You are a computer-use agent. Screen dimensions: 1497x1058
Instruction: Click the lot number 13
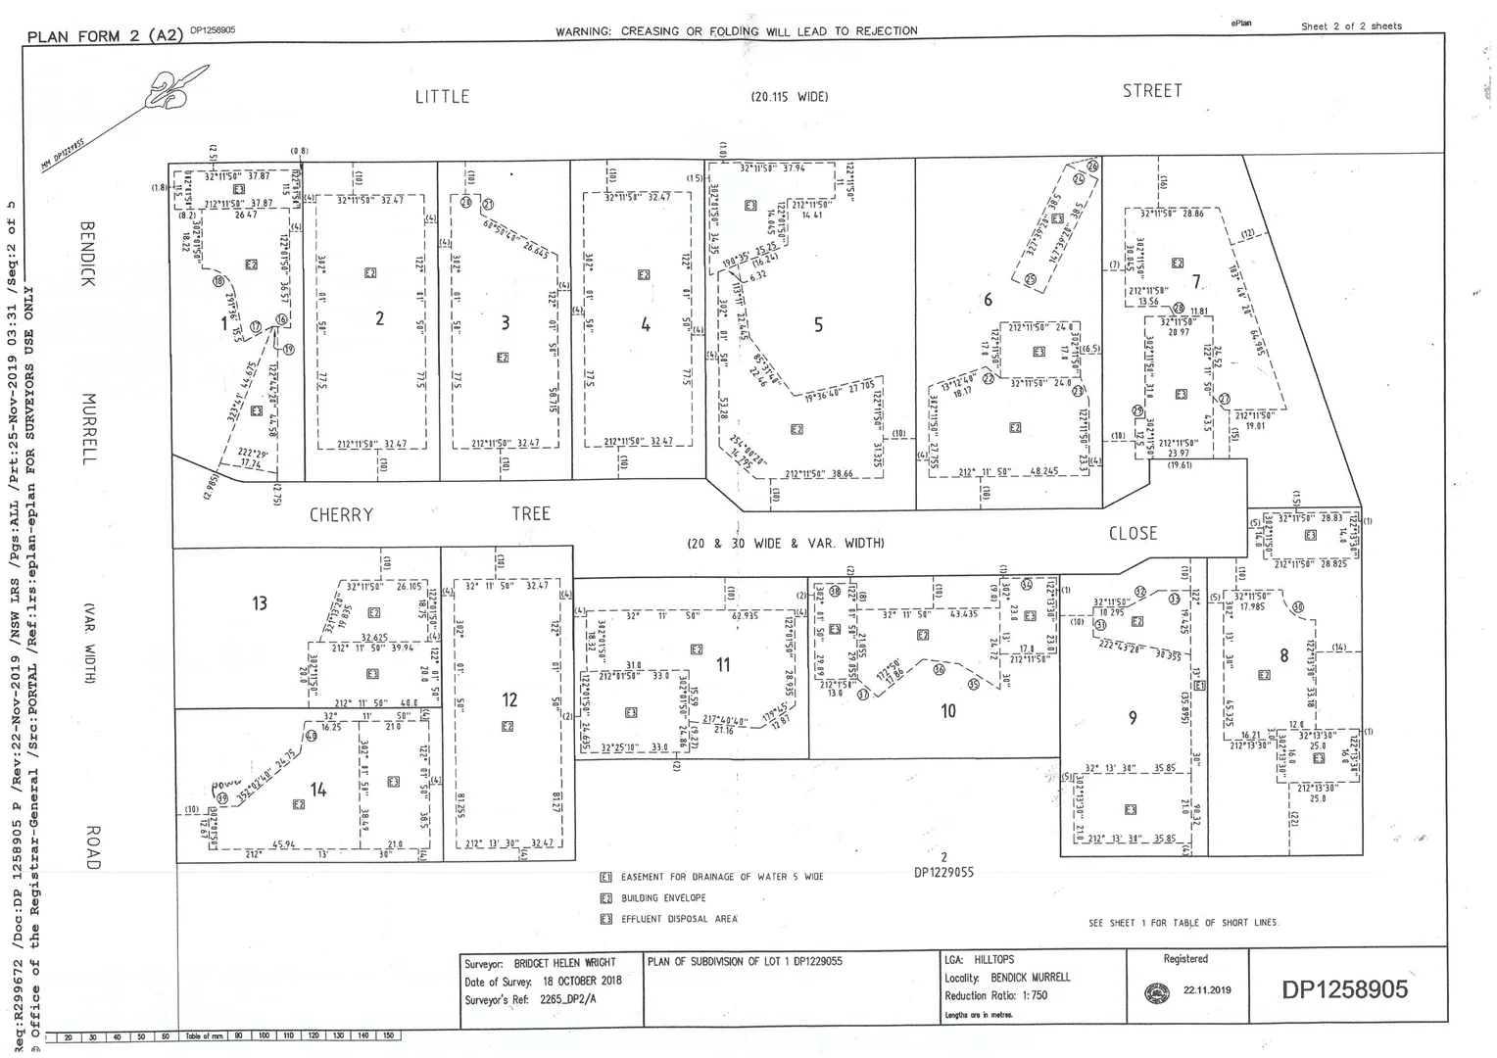click(x=259, y=602)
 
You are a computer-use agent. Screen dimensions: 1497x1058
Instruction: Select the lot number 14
click(x=317, y=790)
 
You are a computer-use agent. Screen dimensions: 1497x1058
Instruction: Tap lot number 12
click(x=509, y=699)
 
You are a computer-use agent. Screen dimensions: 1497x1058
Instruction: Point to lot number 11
click(x=723, y=665)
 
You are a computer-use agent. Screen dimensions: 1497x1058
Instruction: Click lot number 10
click(x=947, y=711)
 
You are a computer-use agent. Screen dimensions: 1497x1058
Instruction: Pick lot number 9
click(x=1133, y=718)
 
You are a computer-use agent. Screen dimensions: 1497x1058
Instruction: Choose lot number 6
click(x=989, y=300)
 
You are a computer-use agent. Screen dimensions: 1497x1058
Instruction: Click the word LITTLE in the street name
click(x=442, y=96)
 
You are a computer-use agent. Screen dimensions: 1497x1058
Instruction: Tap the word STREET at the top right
click(x=1152, y=91)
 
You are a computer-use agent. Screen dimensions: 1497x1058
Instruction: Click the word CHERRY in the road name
click(x=341, y=515)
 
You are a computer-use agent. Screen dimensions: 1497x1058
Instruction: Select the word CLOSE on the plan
click(x=1133, y=534)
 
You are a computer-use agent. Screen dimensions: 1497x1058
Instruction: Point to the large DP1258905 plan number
click(x=1344, y=989)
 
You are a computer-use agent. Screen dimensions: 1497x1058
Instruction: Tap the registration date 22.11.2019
click(x=1207, y=990)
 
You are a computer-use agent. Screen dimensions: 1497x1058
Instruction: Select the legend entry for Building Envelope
click(x=662, y=898)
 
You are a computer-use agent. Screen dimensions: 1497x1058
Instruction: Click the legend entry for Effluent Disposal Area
click(x=678, y=920)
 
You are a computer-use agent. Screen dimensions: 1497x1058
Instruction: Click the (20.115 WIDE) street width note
click(x=790, y=97)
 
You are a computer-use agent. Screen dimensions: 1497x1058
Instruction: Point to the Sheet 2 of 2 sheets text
click(x=1351, y=26)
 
